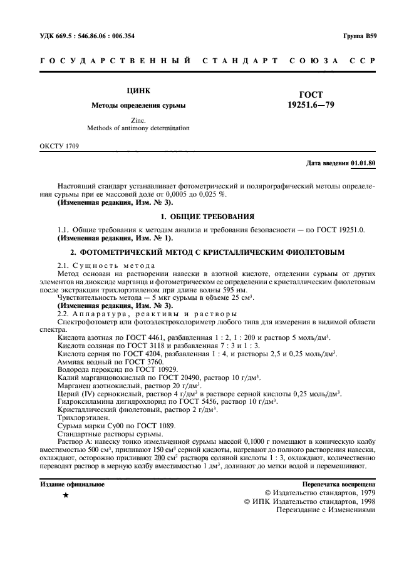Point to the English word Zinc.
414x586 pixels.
point(138,120)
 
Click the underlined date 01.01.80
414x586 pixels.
point(363,163)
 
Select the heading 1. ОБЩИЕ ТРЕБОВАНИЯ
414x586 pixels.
point(207,216)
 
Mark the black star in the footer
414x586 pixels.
point(66,495)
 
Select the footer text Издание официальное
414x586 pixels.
point(72,484)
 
